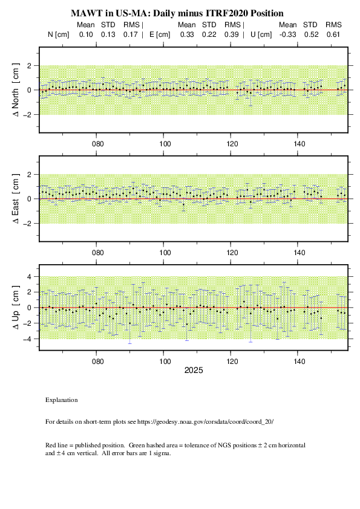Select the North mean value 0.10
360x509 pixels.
[86, 34]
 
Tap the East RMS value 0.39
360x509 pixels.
[231, 34]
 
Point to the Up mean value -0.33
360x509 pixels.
[287, 34]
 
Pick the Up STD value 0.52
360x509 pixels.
[311, 34]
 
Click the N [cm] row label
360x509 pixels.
[59, 34]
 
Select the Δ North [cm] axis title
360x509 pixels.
[16, 90]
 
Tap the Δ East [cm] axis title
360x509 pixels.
[16, 199]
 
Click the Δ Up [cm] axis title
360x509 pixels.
[16, 308]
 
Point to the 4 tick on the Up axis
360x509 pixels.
[29, 277]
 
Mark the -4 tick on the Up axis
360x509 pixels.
[27, 339]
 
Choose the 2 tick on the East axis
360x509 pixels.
[29, 175]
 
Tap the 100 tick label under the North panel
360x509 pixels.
[165, 144]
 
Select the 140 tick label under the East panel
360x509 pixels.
[299, 253]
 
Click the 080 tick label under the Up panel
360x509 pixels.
[98, 361]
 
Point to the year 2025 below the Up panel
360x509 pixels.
[194, 371]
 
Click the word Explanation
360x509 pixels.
[61, 400]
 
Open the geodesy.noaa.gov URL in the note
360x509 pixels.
[205, 422]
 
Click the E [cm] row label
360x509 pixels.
[160, 34]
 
